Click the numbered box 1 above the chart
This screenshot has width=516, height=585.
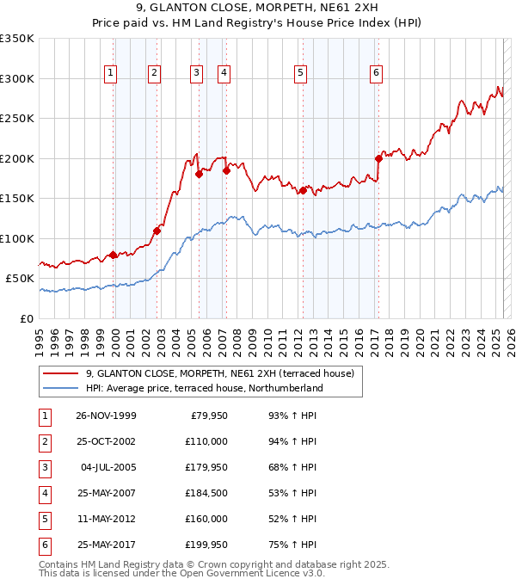tap(112, 74)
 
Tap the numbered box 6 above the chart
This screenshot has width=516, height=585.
tap(377, 74)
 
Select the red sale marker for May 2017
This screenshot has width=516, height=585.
tap(378, 158)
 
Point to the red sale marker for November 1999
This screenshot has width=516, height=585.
tap(114, 255)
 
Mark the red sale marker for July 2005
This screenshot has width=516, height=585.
tap(199, 174)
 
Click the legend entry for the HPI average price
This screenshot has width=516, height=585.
tap(204, 388)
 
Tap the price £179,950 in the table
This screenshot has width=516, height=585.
tap(203, 467)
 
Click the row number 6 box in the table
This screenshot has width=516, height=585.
tap(44, 545)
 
